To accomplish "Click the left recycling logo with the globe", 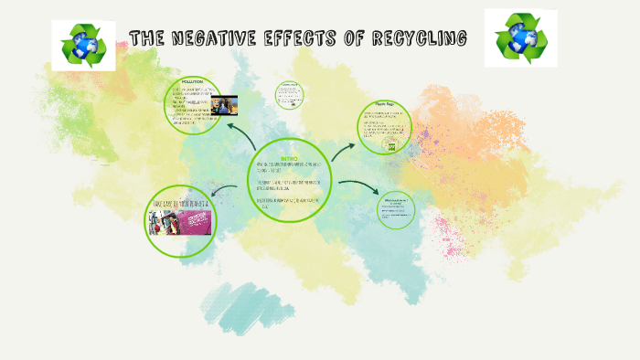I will (83, 45).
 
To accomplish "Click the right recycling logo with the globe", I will (519, 39).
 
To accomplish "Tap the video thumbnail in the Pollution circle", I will (224, 105).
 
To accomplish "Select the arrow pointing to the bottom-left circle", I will (225, 190).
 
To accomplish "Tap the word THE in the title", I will (146, 38).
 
